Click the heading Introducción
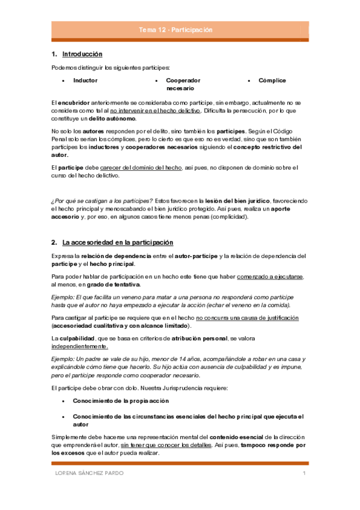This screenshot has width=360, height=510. [x=82, y=55]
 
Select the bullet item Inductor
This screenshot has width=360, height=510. [x=85, y=80]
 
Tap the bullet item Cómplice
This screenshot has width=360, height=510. [x=272, y=80]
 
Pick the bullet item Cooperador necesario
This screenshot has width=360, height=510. [x=183, y=84]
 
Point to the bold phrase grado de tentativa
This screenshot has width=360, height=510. [x=113, y=284]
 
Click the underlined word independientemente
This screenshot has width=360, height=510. [x=80, y=346]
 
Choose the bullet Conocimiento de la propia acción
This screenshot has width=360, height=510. [x=121, y=400]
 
